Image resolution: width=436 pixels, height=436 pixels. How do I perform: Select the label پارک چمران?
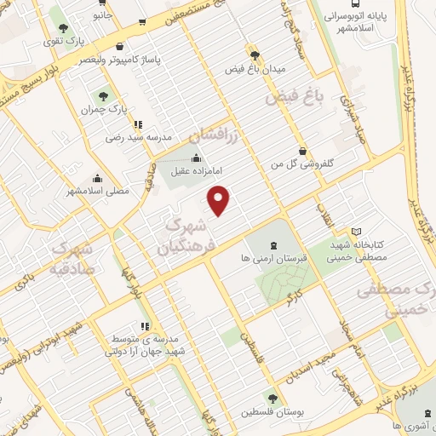(x=104, y=110)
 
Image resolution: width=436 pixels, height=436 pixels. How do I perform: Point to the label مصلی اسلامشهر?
(x=99, y=191)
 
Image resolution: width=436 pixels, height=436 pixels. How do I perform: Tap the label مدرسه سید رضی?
(x=139, y=136)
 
